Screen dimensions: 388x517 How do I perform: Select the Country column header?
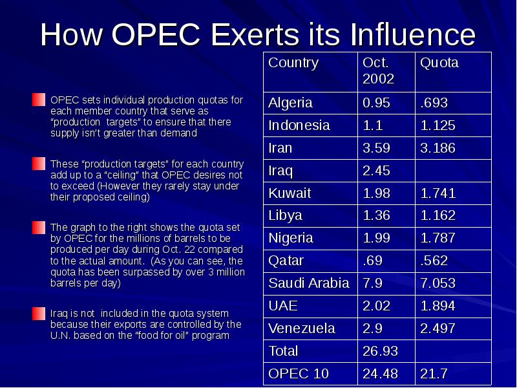click(293, 63)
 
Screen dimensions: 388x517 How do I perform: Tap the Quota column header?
click(439, 63)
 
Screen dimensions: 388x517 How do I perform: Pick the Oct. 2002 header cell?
click(378, 70)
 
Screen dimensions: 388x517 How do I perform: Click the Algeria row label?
click(290, 103)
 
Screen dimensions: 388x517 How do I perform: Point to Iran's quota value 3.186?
click(438, 148)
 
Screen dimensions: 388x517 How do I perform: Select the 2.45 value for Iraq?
click(377, 171)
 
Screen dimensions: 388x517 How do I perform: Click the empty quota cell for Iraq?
click(452, 171)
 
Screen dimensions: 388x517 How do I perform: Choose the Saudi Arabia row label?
click(309, 283)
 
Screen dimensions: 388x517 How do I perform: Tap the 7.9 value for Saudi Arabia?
click(373, 283)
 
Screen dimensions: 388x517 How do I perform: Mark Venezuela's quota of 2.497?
click(438, 329)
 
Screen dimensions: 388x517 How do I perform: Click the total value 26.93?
click(380, 351)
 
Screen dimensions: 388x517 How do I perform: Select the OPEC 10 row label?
click(299, 374)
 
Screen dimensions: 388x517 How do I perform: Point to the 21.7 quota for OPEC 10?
click(434, 374)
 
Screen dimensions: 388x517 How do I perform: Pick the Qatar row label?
click(286, 261)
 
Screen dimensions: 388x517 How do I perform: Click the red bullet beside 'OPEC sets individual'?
click(39, 100)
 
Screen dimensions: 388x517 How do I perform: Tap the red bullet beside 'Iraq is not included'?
click(39, 314)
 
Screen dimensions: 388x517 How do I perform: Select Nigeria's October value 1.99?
click(377, 238)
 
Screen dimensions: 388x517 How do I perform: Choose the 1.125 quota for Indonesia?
click(438, 125)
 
